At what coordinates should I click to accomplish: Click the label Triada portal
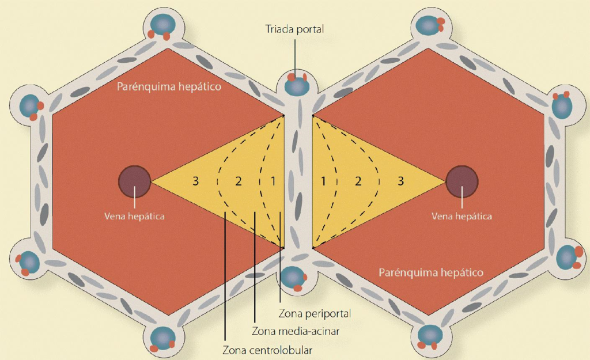click(295, 28)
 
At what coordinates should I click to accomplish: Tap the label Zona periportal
click(315, 314)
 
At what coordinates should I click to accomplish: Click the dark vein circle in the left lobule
click(135, 181)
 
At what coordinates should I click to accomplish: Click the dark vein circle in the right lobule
click(462, 181)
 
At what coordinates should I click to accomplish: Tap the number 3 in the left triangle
click(196, 181)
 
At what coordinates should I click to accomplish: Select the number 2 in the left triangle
click(239, 181)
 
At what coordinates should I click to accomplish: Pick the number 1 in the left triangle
click(274, 181)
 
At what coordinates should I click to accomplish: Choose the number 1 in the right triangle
click(324, 181)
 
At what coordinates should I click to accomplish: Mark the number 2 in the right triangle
click(358, 181)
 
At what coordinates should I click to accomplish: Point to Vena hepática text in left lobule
click(135, 217)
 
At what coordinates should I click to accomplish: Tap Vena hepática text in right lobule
click(462, 217)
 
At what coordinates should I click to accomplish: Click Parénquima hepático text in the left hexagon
click(169, 88)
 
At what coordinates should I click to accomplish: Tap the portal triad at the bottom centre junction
click(293, 277)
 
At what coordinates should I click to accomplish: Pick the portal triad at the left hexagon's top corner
click(164, 26)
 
